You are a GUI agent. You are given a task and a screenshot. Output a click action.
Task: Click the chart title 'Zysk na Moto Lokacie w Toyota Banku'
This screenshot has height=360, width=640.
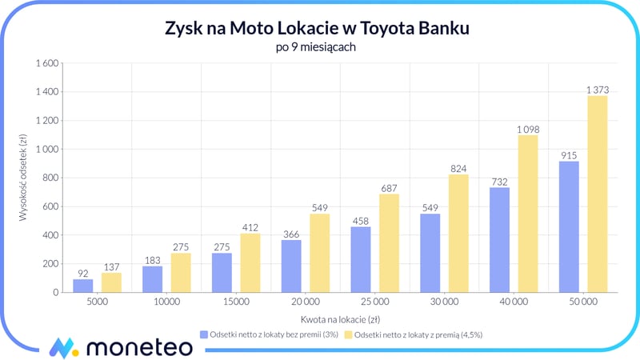(x=320, y=29)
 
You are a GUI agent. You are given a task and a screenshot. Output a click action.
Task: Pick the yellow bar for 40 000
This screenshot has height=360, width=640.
(x=529, y=214)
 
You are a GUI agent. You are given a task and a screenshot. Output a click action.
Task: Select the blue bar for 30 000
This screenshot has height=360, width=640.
(x=430, y=253)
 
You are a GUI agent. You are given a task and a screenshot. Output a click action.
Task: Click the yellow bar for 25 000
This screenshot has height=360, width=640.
(x=390, y=243)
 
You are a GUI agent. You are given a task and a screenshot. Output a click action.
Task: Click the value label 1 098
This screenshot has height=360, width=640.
(x=529, y=130)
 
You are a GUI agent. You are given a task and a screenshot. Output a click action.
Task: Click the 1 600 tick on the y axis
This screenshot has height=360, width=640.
(x=47, y=63)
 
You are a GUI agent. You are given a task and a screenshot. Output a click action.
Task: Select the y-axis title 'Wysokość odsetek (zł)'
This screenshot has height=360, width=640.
(x=24, y=178)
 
